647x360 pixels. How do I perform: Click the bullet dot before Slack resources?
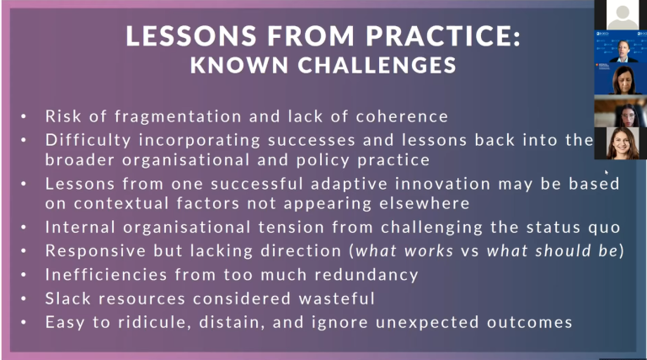coord(25,298)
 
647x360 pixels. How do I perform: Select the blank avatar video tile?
coord(621,14)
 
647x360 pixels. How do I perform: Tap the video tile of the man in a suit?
coord(621,47)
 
